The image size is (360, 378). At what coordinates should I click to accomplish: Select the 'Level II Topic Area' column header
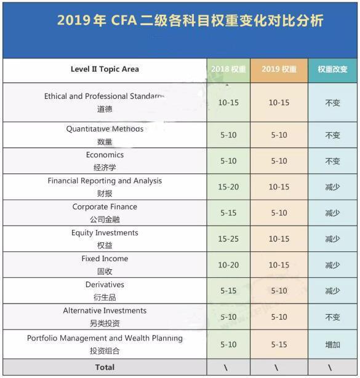coord(105,69)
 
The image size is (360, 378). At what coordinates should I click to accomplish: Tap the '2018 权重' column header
coord(228,69)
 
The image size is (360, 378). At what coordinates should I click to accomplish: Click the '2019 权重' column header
coord(279,69)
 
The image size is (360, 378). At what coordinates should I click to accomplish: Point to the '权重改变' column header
coord(332,69)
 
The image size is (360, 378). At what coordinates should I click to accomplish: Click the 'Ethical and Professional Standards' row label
coord(105,96)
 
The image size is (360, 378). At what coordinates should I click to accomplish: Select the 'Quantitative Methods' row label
coord(105,129)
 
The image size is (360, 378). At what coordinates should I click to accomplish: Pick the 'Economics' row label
coord(105,155)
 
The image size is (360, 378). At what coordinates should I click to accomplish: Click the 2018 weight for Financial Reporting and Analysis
coord(228,187)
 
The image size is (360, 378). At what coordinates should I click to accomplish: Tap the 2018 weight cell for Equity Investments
coord(228,239)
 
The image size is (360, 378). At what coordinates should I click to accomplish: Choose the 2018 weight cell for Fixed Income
coord(228,265)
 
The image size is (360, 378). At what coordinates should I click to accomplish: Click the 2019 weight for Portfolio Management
coord(279,344)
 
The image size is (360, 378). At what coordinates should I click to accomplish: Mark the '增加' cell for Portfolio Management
coord(332,344)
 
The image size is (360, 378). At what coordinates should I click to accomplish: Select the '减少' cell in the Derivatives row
coord(332,291)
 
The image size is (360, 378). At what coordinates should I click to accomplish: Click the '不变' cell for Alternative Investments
coord(332,317)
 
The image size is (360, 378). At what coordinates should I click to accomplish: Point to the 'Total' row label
coord(105,368)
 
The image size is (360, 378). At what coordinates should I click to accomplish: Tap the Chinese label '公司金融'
coord(105,219)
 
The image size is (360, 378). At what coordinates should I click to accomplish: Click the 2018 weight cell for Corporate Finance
coord(228,213)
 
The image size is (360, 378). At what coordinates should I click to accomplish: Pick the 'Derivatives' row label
coord(105,285)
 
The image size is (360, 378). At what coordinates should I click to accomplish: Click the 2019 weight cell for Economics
coord(279,161)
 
